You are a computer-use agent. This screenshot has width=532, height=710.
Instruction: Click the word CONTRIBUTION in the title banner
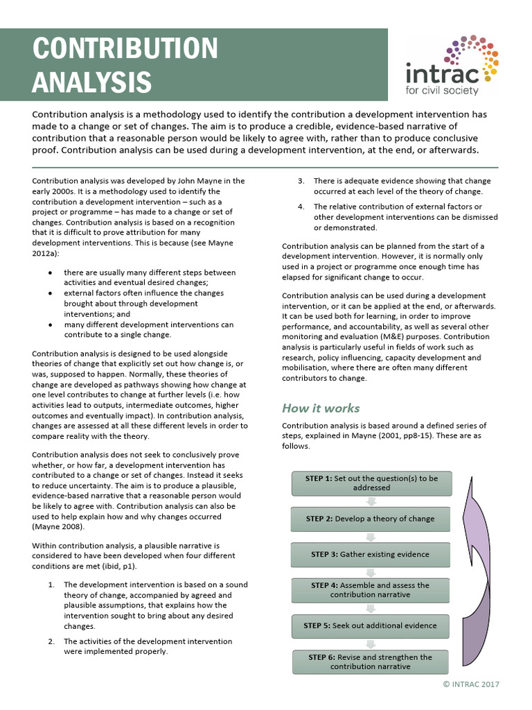(x=125, y=49)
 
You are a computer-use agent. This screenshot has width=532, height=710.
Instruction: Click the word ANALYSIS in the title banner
(x=92, y=81)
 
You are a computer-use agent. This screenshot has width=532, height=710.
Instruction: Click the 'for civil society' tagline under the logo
(x=442, y=90)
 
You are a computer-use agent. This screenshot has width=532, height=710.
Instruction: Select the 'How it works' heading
(x=321, y=408)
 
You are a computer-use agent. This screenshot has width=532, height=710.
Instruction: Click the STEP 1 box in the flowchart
(x=371, y=483)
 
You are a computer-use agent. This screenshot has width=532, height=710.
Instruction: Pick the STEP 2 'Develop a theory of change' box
(x=371, y=519)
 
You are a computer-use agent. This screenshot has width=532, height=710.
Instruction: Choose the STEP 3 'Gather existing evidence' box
(x=371, y=554)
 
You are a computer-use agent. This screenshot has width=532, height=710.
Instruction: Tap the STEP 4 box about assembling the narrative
(x=371, y=589)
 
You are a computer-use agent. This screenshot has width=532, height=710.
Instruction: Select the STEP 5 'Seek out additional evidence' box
(x=371, y=625)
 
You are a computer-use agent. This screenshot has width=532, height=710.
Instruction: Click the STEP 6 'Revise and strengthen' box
(x=371, y=661)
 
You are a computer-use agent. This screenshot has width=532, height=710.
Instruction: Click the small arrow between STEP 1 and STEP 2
(x=371, y=501)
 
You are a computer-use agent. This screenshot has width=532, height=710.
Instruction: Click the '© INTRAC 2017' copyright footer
(x=470, y=684)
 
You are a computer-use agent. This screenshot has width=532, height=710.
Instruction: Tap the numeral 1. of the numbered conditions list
(x=51, y=585)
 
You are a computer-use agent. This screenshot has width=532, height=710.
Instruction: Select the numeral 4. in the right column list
(x=301, y=207)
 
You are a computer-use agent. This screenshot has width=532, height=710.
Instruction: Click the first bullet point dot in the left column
(x=51, y=272)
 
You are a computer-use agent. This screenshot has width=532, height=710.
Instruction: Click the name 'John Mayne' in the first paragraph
(x=189, y=180)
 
